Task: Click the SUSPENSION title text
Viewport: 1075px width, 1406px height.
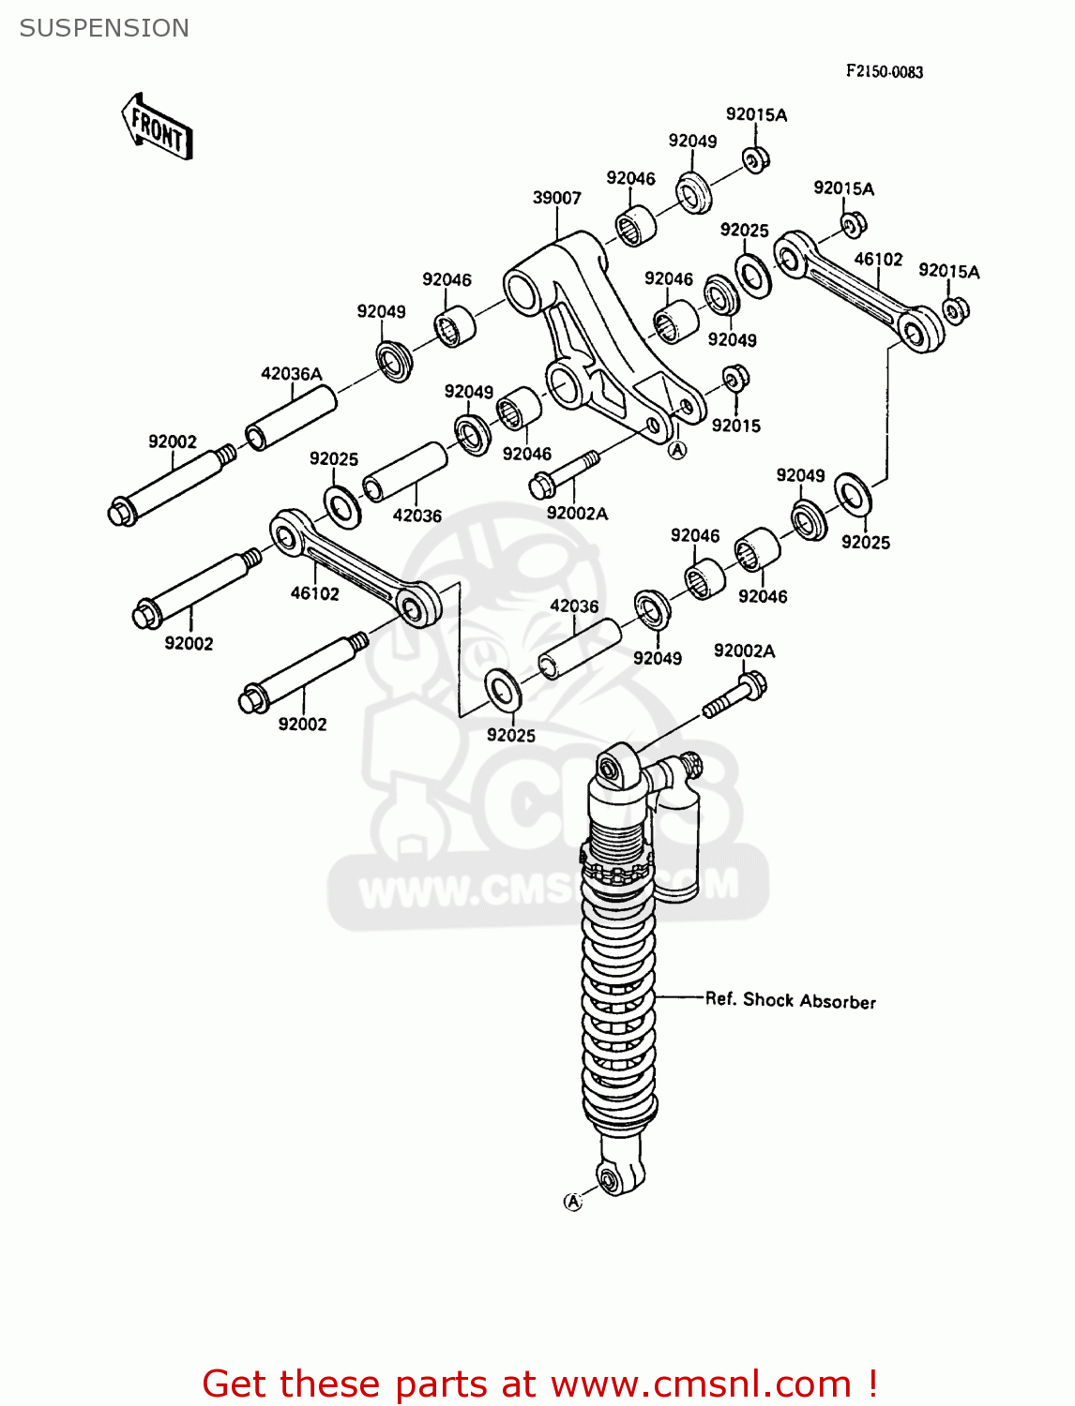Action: click(104, 28)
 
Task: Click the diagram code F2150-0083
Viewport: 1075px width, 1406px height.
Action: click(884, 71)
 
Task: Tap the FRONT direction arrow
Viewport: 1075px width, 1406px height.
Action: click(157, 127)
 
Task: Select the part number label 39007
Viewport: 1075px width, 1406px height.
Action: click(556, 198)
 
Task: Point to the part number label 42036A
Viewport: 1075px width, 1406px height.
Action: click(291, 374)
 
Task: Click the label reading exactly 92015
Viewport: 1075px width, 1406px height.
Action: click(735, 426)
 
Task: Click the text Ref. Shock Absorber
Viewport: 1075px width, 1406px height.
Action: click(790, 1000)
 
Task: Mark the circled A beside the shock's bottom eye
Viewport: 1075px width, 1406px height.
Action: click(572, 1202)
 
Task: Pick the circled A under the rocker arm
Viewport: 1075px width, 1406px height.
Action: click(676, 451)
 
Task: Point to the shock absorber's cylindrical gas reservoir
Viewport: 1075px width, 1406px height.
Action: click(676, 844)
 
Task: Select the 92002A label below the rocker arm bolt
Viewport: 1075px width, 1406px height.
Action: click(577, 514)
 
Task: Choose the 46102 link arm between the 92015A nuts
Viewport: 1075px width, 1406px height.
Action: click(858, 290)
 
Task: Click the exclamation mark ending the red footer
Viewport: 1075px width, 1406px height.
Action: click(871, 1384)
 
